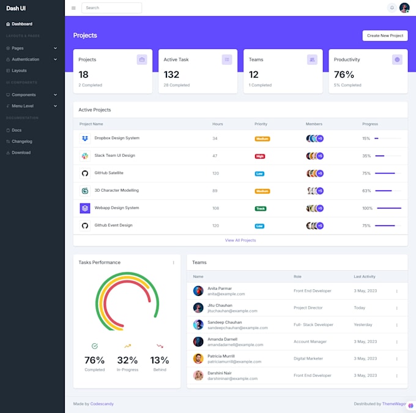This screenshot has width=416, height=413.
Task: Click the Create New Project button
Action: [385, 36]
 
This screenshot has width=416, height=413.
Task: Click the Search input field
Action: [111, 8]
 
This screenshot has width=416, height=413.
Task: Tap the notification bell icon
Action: [392, 8]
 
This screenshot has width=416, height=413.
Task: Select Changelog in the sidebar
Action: [21, 142]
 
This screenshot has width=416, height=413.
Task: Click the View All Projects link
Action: [240, 240]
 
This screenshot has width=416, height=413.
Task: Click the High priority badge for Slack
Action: [260, 156]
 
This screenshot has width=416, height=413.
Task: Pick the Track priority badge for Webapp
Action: [261, 208]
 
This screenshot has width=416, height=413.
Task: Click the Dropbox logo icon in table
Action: [84, 138]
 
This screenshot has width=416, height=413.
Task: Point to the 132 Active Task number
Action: [171, 75]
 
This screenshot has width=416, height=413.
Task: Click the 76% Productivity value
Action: [344, 75]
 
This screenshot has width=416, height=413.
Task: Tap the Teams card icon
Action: [312, 59]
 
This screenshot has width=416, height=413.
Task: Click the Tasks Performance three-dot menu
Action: [173, 262]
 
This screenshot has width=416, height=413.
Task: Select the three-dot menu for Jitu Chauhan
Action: [396, 308]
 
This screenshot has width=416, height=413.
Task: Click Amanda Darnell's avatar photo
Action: [198, 342]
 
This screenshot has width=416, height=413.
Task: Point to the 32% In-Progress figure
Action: [127, 360]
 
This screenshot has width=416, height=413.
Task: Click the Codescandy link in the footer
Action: [102, 404]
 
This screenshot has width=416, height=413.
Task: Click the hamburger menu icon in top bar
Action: [73, 8]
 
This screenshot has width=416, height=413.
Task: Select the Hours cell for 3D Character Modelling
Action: [215, 191]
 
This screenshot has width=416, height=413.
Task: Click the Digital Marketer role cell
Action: [308, 358]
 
